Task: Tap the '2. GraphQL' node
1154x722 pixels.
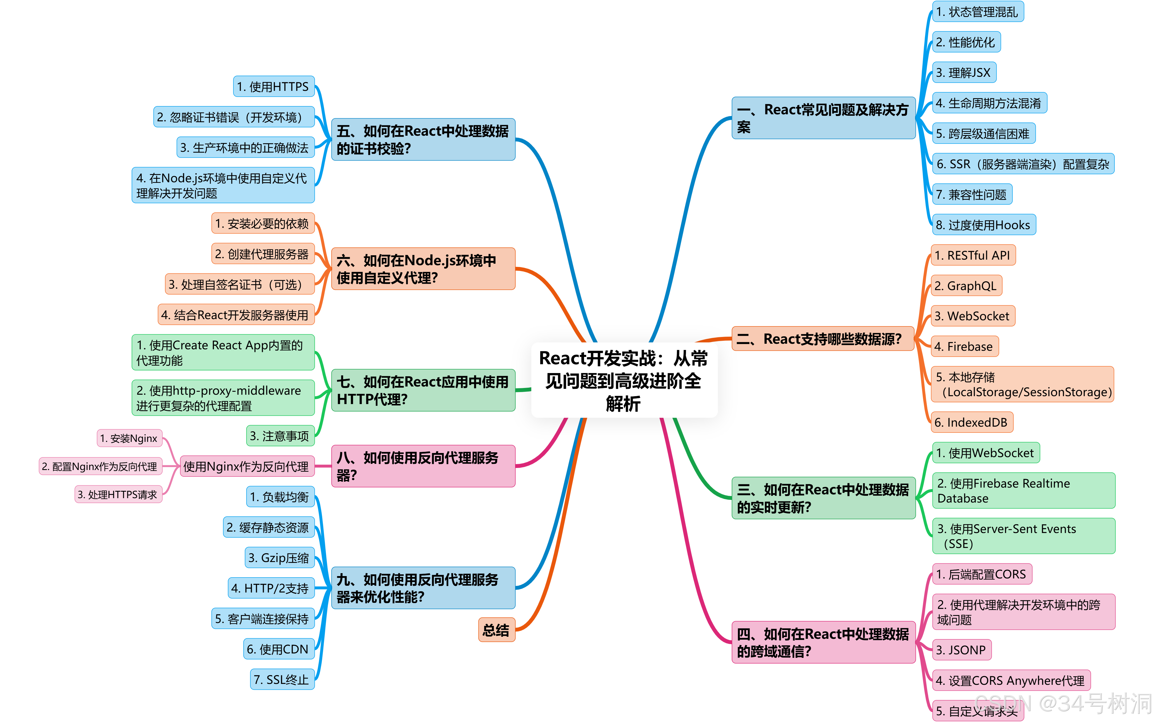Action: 966,286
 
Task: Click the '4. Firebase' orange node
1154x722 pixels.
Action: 964,346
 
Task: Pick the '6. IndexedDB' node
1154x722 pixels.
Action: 971,422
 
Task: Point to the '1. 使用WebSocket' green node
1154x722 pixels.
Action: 985,453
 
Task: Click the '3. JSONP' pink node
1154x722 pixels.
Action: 961,650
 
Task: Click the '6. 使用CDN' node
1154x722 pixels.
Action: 279,649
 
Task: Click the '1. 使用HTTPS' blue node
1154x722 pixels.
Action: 274,86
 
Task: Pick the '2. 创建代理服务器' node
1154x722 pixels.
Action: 263,254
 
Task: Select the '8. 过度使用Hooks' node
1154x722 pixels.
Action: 983,225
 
